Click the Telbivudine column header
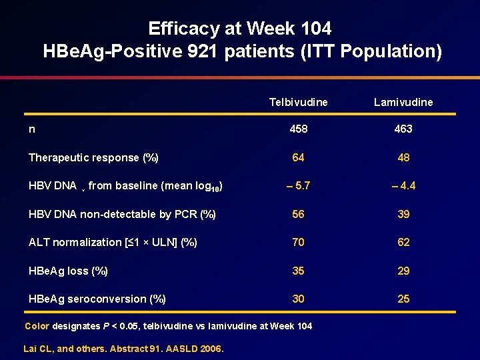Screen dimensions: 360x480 pyautogui.click(x=298, y=102)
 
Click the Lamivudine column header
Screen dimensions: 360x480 pyautogui.click(x=403, y=102)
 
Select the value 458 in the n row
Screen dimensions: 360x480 pyautogui.click(x=298, y=129)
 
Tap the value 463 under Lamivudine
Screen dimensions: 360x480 pyautogui.click(x=403, y=129)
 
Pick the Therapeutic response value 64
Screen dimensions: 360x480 pyautogui.click(x=298, y=158)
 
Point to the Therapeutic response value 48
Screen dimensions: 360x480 pyautogui.click(x=403, y=158)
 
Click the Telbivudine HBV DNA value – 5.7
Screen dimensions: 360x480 pyautogui.click(x=298, y=186)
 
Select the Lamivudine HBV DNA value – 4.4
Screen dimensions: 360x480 pyautogui.click(x=403, y=186)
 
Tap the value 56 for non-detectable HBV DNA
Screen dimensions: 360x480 pyautogui.click(x=298, y=214)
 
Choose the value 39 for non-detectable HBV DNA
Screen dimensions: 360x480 pyautogui.click(x=403, y=214)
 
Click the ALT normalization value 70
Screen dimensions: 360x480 pyautogui.click(x=298, y=242)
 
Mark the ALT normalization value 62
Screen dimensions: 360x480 pyautogui.click(x=403, y=242)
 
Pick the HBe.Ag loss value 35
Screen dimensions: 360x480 pyautogui.click(x=298, y=271)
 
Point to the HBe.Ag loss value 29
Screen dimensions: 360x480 pyautogui.click(x=403, y=271)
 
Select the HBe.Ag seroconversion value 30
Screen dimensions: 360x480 pyautogui.click(x=298, y=299)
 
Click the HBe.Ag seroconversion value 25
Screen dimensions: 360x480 pyautogui.click(x=403, y=299)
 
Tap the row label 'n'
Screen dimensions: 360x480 pyautogui.click(x=32, y=129)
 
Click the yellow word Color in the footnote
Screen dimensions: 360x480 pyautogui.click(x=37, y=326)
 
